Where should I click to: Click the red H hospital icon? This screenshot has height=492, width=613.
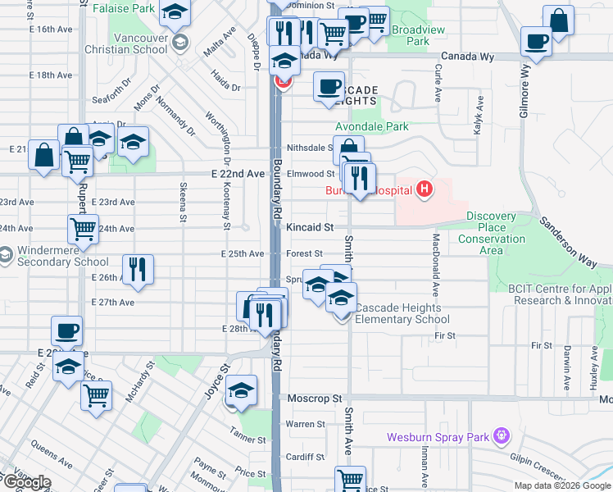click(x=424, y=191)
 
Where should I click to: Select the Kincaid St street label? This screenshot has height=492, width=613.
click(x=311, y=226)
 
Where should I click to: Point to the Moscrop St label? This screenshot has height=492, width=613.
click(x=314, y=399)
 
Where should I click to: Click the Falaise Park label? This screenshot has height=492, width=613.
click(x=123, y=8)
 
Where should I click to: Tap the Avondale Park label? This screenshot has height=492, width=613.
click(x=371, y=127)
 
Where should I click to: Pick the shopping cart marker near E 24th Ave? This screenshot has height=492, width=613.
click(x=84, y=230)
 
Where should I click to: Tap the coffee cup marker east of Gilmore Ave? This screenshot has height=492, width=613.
click(x=537, y=41)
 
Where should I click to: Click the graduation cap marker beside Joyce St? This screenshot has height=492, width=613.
click(x=241, y=391)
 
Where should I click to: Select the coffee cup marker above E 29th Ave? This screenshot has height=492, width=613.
click(x=67, y=331)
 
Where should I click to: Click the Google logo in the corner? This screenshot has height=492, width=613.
click(x=26, y=482)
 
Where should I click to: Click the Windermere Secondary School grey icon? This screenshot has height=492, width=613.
click(x=7, y=255)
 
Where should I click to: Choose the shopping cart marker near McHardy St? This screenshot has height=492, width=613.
click(x=97, y=395)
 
